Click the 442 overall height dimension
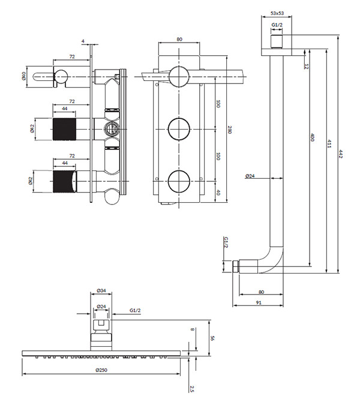coord(341,154)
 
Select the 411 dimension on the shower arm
coord(329,143)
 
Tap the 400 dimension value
coord(312,137)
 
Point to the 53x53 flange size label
coord(277,13)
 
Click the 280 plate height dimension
coord(229,129)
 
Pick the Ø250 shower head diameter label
coord(101,370)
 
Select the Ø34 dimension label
coord(101,290)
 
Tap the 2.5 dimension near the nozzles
coord(191,389)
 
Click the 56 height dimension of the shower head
coord(212,338)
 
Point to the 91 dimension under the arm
coord(259,302)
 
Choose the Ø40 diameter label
coord(24,76)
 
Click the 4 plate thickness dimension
coord(83,41)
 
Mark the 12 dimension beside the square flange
coord(306,67)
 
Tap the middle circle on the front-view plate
coord(179,129)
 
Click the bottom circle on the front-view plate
coord(179,181)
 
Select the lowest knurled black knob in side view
coord(65,181)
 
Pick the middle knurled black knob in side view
coord(64,129)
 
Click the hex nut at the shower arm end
coord(235,266)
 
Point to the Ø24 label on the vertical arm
coord(250,176)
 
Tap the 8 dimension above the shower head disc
coord(192,329)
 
